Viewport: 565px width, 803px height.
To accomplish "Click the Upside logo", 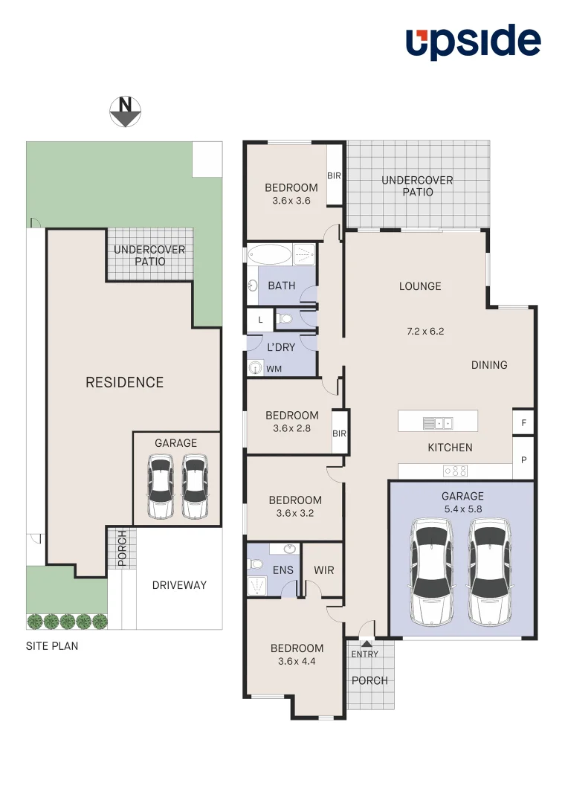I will (x=473, y=42).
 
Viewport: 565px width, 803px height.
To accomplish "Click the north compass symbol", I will (x=126, y=112).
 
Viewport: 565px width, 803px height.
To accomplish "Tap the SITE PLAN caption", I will (x=52, y=646).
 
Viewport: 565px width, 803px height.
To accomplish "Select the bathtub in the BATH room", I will (x=269, y=255).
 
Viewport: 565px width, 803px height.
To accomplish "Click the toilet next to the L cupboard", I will (x=285, y=320).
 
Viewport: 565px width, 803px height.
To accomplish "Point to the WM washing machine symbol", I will (x=256, y=368).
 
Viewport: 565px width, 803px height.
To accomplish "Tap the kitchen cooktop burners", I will (x=455, y=471).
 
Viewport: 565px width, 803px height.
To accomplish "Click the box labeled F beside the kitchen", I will (x=523, y=422).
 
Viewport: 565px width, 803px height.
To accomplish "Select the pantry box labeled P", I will (x=523, y=460).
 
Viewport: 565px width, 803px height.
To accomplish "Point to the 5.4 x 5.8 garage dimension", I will (x=462, y=510).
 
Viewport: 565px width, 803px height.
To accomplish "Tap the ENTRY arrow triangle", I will (x=365, y=643).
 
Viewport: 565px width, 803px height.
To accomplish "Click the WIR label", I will (x=324, y=570).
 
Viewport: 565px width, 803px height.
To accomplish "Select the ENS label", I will (x=283, y=570).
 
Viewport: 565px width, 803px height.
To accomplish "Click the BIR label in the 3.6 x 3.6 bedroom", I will (x=334, y=175).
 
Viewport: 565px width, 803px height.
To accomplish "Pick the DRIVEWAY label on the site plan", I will (x=179, y=585).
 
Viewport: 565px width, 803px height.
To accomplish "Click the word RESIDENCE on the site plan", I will (x=124, y=382).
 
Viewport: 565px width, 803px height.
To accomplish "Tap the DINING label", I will (x=489, y=365).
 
